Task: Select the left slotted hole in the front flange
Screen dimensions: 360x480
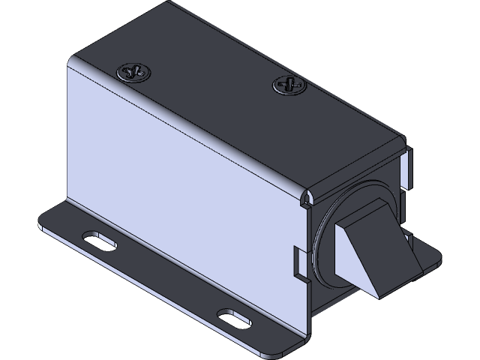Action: [x=99, y=239]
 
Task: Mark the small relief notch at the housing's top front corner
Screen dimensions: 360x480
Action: [x=305, y=199]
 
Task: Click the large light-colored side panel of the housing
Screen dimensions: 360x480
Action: [x=180, y=187]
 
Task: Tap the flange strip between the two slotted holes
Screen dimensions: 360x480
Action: [x=165, y=277]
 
